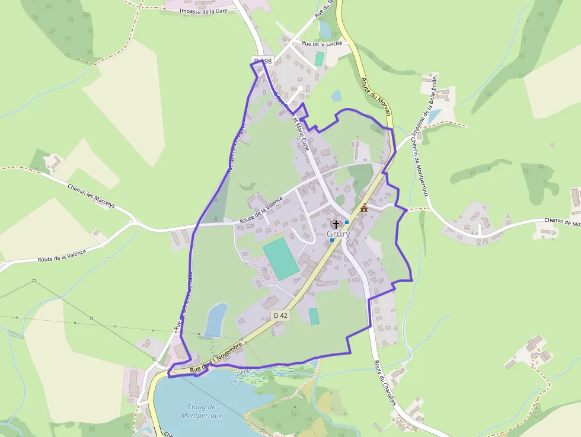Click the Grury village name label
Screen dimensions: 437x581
coord(339,234)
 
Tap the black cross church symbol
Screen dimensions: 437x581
coord(336,224)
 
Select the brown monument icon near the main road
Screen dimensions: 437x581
coord(364,207)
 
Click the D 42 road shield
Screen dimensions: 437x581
coord(281,315)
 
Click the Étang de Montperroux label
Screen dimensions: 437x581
coord(196,411)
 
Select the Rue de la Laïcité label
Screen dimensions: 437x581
coord(322,43)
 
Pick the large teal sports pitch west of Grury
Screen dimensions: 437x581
coord(281,259)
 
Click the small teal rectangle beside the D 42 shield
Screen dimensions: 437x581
coord(314,316)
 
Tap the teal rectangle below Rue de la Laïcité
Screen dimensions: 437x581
coord(320,59)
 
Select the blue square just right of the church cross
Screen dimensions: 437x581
coord(347,222)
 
